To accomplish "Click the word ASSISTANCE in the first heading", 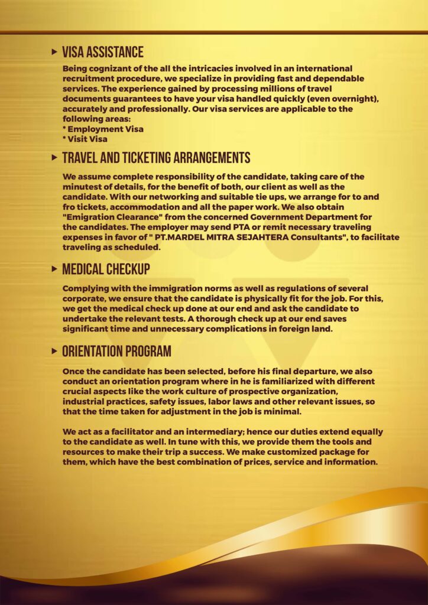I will (114, 53).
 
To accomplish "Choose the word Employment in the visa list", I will (95, 129).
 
